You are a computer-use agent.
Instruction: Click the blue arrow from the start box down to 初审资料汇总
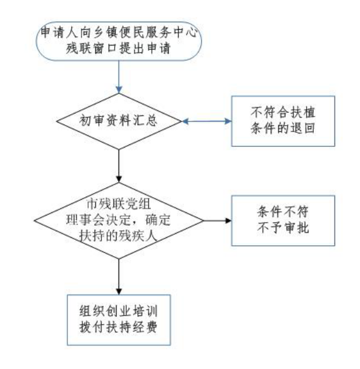pyautogui.click(x=119, y=77)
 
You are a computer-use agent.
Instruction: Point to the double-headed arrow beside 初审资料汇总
pyautogui.click(x=207, y=121)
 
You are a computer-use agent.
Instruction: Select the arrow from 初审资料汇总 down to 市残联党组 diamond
pyautogui.click(x=119, y=166)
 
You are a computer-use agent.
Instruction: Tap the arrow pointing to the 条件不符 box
pyautogui.click(x=217, y=221)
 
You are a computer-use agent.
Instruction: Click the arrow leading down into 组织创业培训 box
pyautogui.click(x=119, y=277)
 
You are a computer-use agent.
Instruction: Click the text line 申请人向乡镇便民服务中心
pyautogui.click(x=118, y=33)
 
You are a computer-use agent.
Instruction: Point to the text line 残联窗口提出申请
pyautogui.click(x=118, y=49)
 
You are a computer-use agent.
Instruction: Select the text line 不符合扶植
pyautogui.click(x=283, y=112)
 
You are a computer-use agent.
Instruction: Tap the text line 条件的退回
pyautogui.click(x=283, y=129)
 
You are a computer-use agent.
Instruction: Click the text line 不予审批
pyautogui.click(x=283, y=228)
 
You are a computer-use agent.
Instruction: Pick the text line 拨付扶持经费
pyautogui.click(x=118, y=327)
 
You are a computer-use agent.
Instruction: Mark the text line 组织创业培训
pyautogui.click(x=118, y=311)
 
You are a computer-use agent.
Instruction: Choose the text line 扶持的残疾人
pyautogui.click(x=118, y=236)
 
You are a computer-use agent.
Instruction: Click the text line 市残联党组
pyautogui.click(x=118, y=204)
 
